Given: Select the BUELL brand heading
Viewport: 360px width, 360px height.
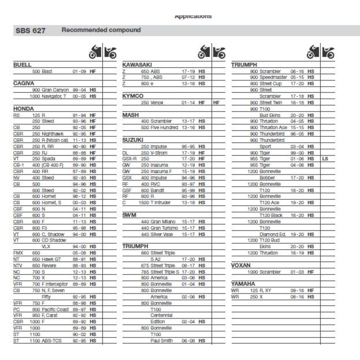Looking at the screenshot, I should click(x=22, y=65).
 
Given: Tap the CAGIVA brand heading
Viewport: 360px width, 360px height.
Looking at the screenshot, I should click(x=24, y=84).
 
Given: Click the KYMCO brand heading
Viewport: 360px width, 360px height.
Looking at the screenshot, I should click(x=133, y=96).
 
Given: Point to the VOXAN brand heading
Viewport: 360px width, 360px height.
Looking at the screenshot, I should click(x=241, y=265).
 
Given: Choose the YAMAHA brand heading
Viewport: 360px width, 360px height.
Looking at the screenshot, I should click(x=243, y=284).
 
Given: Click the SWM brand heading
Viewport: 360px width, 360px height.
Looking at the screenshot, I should click(x=130, y=216).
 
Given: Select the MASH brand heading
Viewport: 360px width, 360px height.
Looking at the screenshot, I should click(x=130, y=115).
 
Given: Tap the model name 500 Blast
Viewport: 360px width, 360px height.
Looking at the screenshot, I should click(x=42, y=72).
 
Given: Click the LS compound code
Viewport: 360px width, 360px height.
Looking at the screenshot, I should click(x=325, y=159).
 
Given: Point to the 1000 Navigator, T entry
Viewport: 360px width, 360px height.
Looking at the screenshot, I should click(x=48, y=96).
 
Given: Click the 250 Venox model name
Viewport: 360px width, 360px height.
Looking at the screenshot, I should click(x=152, y=103).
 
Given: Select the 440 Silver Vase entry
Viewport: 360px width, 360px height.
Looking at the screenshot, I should click(x=157, y=234).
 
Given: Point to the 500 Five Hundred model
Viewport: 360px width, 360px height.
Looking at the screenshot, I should click(x=159, y=128).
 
